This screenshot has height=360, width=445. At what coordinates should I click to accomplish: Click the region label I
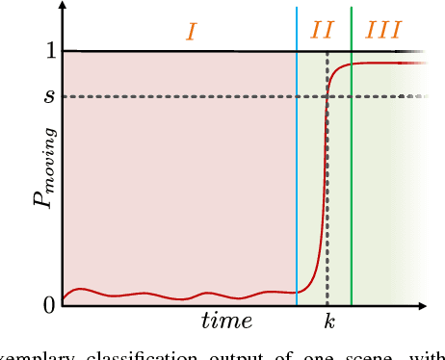[191, 32]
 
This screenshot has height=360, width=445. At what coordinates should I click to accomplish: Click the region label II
[323, 32]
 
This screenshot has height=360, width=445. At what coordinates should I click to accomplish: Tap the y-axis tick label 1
[49, 50]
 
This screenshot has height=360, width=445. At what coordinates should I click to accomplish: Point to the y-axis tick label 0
[49, 305]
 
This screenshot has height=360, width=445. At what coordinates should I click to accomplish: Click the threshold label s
[50, 96]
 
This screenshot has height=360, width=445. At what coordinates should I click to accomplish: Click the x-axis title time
[227, 321]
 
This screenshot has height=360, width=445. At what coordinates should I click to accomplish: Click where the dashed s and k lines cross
[328, 96]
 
